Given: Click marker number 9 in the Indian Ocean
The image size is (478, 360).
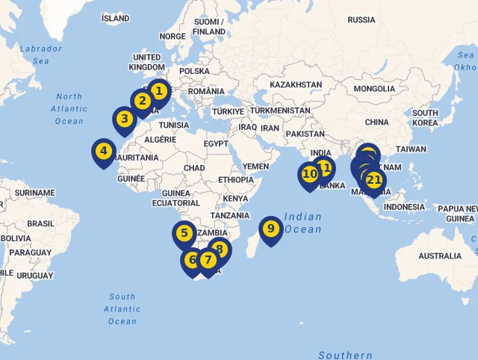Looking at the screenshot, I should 271,229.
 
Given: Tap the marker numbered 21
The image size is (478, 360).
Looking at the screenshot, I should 374,180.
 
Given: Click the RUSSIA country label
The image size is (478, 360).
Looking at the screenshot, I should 361,19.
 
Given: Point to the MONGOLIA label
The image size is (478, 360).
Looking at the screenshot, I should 374,89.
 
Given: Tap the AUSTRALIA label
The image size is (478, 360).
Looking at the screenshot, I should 440,255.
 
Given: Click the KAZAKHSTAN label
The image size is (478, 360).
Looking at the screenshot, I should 296,85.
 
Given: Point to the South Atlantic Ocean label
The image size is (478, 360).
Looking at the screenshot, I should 122,308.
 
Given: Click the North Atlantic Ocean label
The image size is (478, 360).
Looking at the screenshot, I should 69,108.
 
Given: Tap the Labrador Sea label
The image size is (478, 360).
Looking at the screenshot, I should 40,55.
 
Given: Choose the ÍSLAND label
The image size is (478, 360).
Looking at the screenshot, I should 115,18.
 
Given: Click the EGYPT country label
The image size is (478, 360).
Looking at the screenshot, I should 216,143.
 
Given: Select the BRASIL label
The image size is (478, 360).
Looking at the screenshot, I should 40,223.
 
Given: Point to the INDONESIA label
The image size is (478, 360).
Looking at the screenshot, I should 404,207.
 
